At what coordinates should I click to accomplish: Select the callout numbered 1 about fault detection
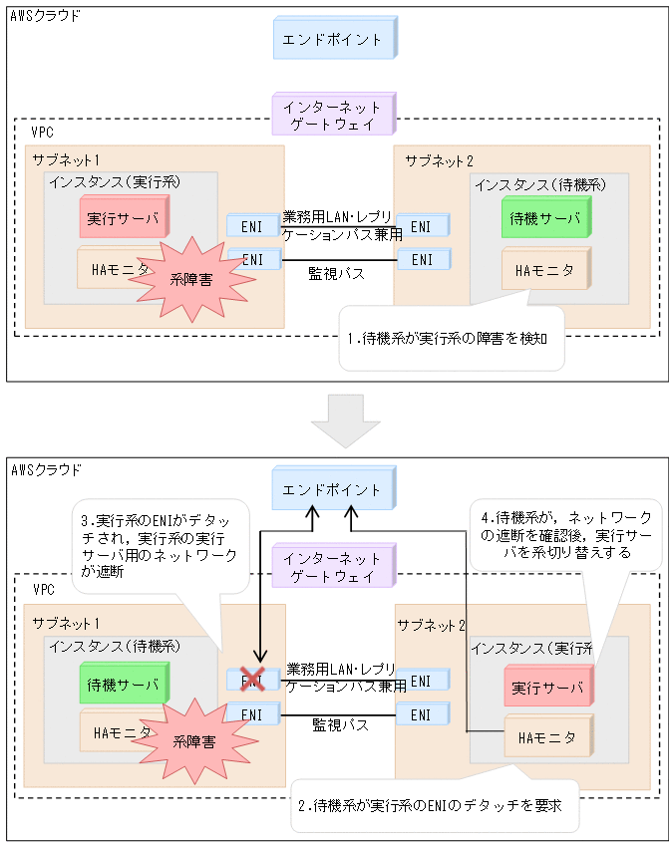click(451, 338)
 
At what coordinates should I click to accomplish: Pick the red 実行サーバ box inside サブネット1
click(124, 218)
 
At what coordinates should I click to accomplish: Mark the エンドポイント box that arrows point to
click(333, 490)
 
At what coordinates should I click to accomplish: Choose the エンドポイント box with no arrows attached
click(333, 40)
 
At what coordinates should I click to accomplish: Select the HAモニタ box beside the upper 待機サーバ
click(544, 270)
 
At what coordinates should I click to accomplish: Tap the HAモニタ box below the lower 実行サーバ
click(546, 738)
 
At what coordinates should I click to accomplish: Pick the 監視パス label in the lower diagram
click(340, 725)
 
